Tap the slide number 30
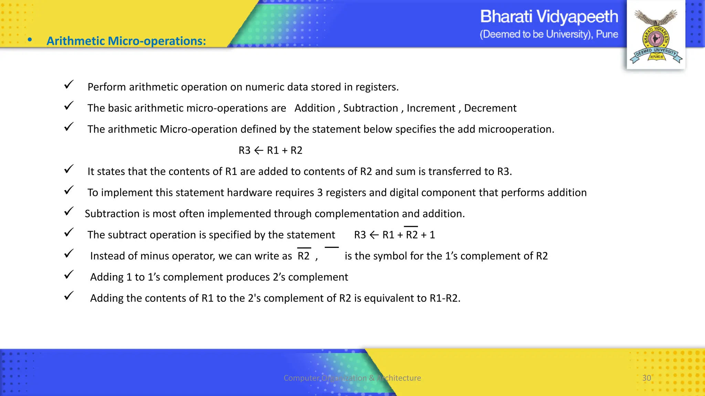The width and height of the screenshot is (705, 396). (x=646, y=378)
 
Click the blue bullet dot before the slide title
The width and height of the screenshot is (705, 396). (x=30, y=40)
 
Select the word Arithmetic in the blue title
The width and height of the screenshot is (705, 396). (x=76, y=41)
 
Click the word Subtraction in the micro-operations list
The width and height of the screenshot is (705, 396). (x=370, y=108)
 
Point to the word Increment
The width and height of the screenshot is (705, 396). (x=431, y=108)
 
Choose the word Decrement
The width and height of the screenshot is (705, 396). (x=490, y=108)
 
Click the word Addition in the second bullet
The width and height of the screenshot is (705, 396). (x=315, y=108)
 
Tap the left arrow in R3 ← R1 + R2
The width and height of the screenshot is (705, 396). (x=259, y=150)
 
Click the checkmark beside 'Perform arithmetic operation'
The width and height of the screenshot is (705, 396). (x=69, y=85)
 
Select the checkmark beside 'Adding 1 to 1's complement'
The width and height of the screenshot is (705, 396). (x=69, y=275)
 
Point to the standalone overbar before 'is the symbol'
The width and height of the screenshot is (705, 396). (x=332, y=247)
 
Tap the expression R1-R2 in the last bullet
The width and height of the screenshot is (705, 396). (x=444, y=298)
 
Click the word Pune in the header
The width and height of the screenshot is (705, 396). (x=607, y=34)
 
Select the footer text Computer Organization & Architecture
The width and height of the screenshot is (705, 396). (x=352, y=378)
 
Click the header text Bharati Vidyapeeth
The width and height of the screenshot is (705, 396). (x=549, y=16)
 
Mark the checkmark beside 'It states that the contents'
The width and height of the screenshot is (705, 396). (x=69, y=169)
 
